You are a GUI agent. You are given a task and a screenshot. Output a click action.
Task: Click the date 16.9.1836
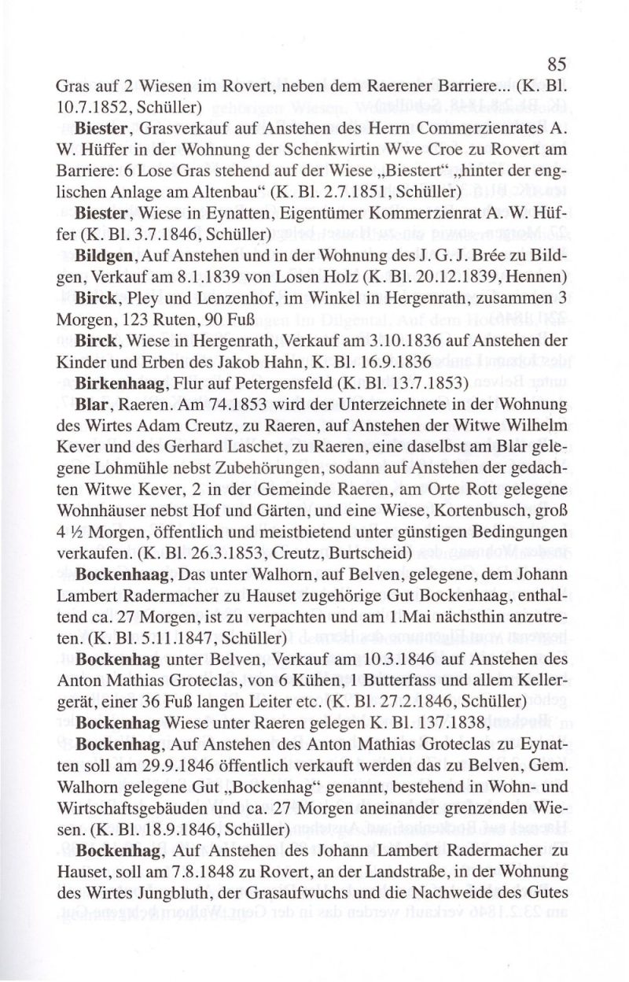pos(392,362)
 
